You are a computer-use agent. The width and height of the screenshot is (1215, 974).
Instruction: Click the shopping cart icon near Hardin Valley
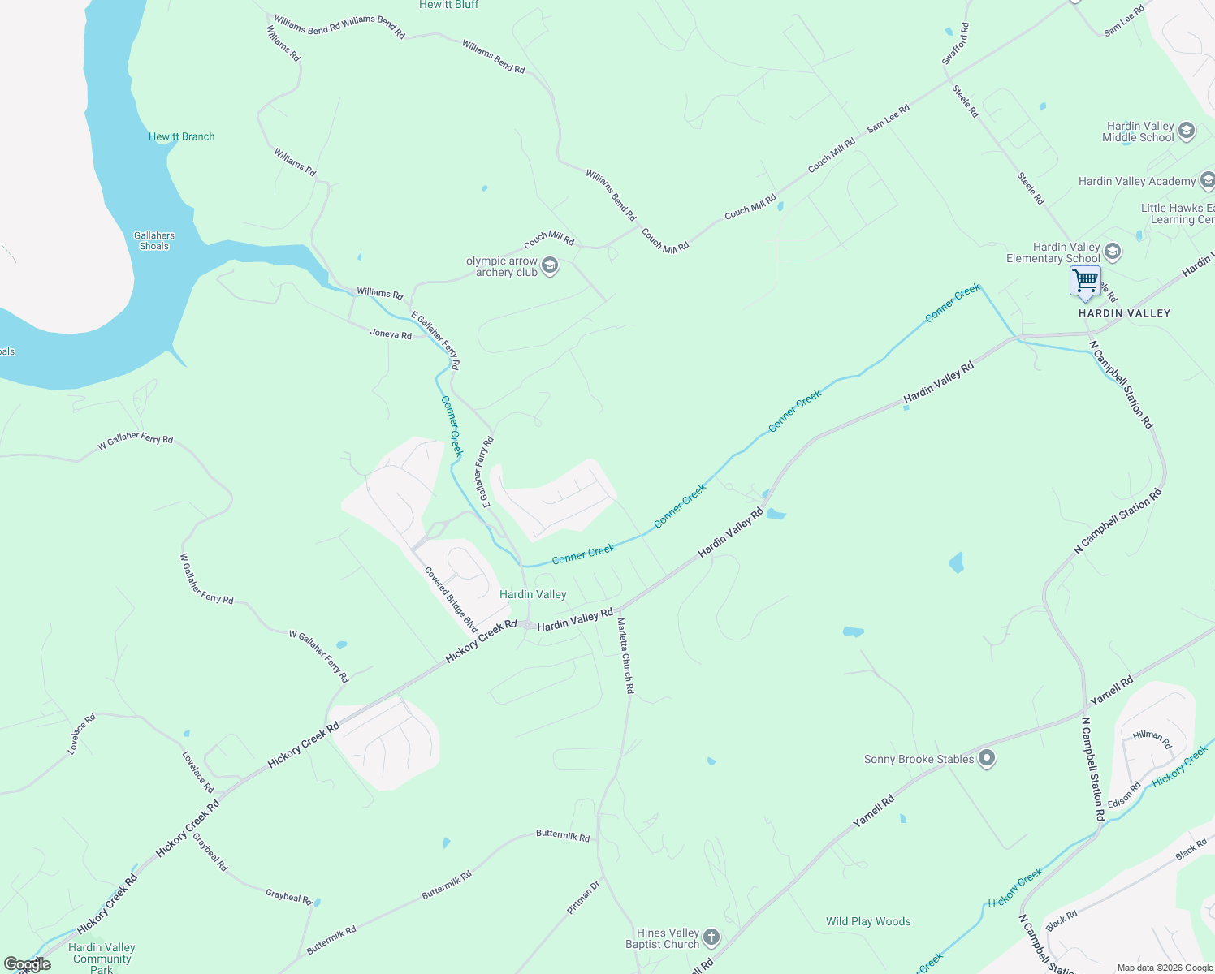[x=1085, y=282]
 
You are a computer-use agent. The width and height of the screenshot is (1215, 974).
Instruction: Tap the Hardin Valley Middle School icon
[x=1186, y=131]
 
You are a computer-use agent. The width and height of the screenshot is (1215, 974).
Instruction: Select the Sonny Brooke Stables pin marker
[x=987, y=759]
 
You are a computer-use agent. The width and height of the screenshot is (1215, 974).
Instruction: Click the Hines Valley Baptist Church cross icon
[x=711, y=938]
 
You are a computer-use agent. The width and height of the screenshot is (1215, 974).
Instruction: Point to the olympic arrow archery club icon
[x=550, y=266]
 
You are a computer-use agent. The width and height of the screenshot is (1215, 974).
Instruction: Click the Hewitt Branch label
[x=182, y=136]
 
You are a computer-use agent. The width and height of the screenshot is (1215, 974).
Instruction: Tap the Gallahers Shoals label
[x=154, y=240]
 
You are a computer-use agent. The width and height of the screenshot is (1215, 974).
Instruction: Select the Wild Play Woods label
[x=868, y=921]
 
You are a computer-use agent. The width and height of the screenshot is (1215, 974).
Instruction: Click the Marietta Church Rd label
[x=625, y=655]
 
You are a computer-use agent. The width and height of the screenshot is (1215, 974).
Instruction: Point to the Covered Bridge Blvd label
[x=451, y=600]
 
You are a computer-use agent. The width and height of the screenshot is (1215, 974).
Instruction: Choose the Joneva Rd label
[x=391, y=334]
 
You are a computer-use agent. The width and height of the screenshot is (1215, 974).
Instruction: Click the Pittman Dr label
[x=583, y=898]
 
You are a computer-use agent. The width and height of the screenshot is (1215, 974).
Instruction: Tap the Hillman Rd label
[x=1152, y=739]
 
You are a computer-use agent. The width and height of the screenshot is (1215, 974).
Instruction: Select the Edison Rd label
[x=1125, y=795]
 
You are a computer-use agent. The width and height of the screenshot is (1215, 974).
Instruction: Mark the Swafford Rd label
[x=955, y=44]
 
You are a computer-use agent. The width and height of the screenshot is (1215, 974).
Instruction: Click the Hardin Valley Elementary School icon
[x=1113, y=252]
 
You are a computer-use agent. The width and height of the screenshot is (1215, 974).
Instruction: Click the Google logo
[x=28, y=964]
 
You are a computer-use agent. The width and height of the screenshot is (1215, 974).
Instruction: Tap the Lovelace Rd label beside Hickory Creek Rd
[x=197, y=772]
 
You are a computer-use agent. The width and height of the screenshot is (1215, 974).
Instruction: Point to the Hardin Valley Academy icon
[x=1207, y=180]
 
